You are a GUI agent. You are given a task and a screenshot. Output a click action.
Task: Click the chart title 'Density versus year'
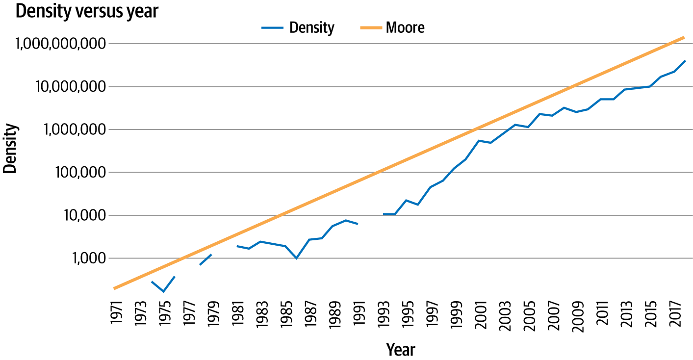pos(87,11)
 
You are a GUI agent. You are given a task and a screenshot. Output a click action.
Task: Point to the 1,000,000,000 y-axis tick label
pos(60,44)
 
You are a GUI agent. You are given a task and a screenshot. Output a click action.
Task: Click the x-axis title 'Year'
pos(400,350)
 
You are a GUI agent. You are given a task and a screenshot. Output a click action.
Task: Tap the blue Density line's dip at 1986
pos(297,258)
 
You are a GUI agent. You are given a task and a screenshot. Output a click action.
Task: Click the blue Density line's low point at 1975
pos(163,292)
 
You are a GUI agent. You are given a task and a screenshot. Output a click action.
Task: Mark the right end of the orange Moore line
pos(684,37)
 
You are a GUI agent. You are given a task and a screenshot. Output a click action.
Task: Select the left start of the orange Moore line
pos(114,288)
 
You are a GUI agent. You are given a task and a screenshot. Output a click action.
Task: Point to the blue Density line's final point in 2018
pos(685,61)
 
